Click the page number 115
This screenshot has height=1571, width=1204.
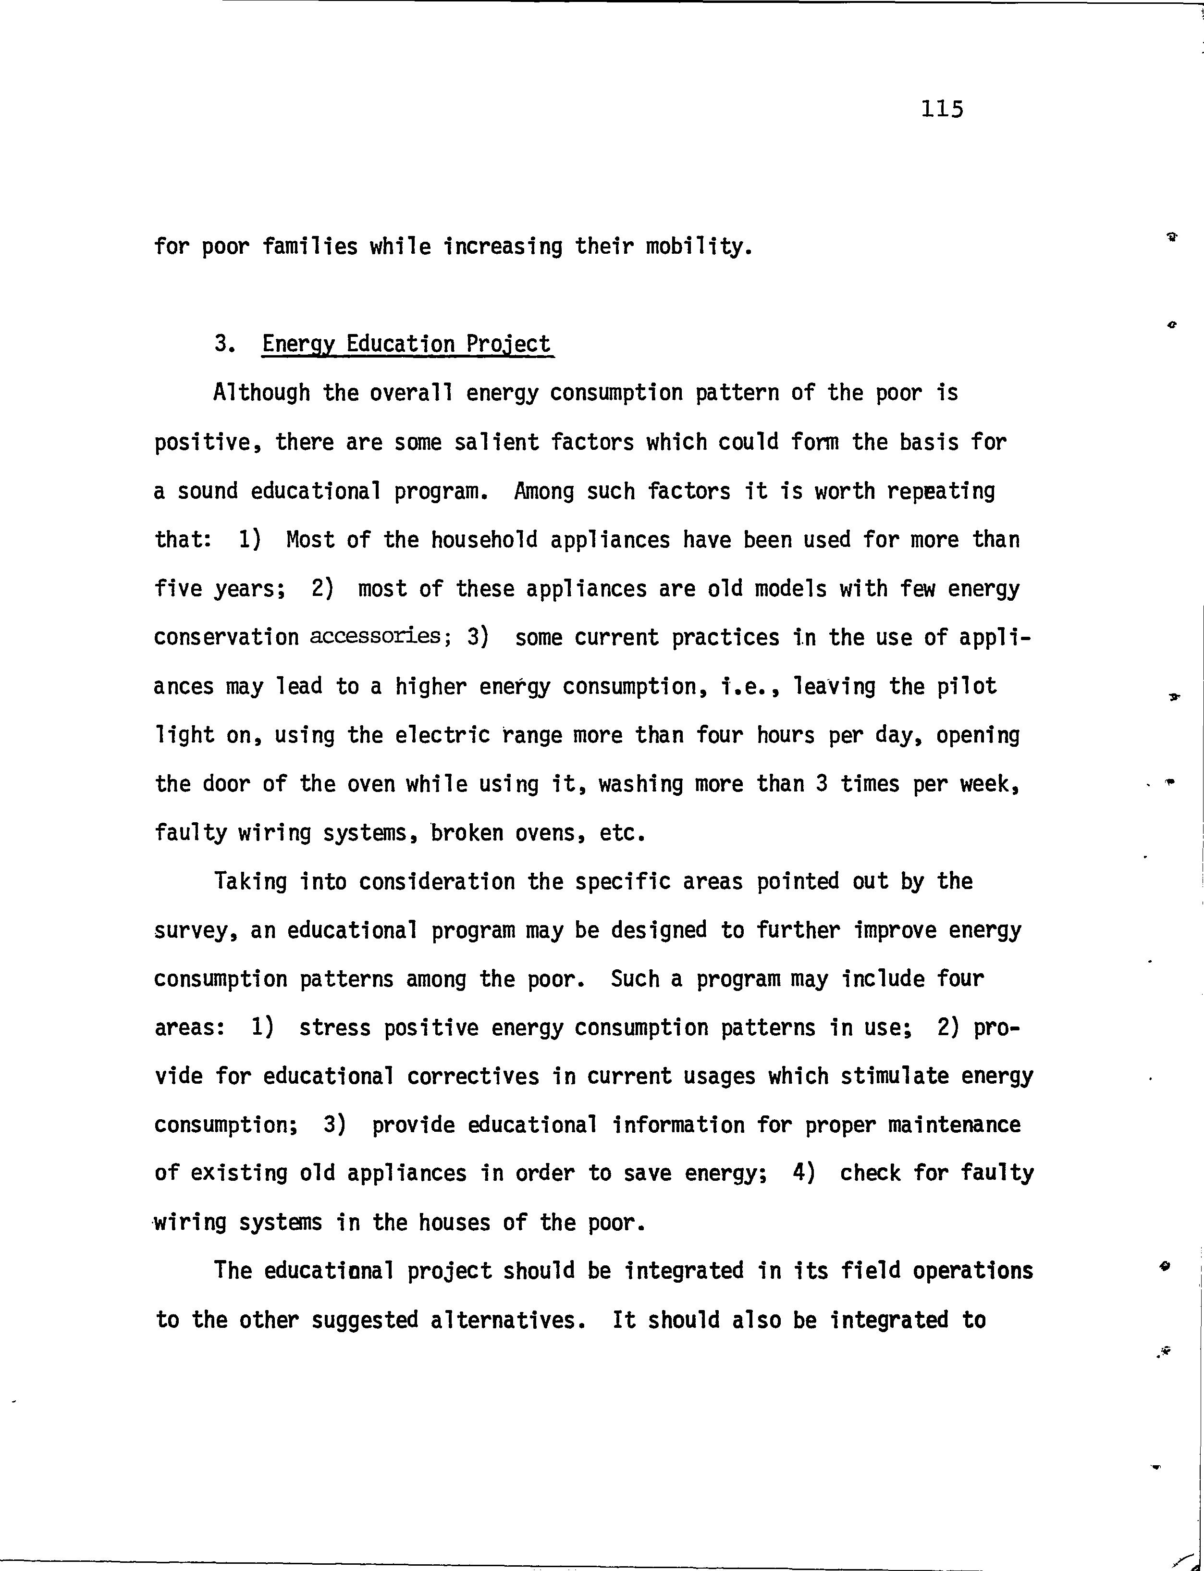point(943,109)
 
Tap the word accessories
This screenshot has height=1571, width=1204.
point(375,636)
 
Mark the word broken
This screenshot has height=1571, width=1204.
point(466,833)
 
